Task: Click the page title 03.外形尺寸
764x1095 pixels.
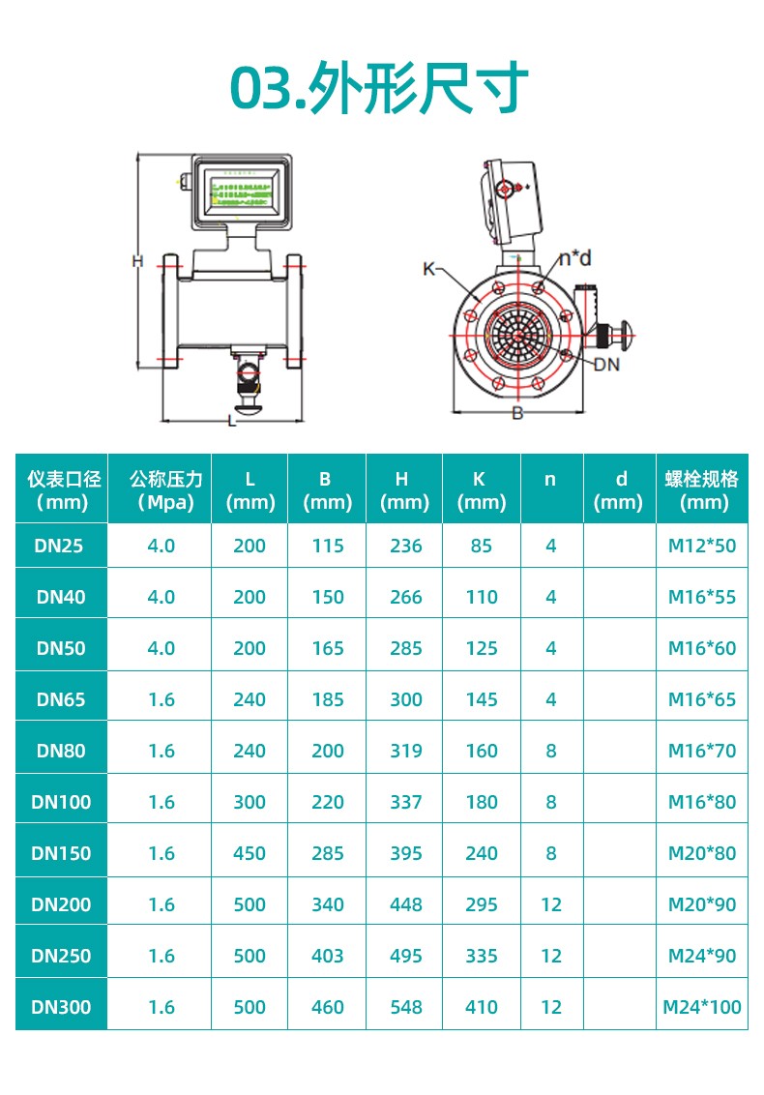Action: [379, 88]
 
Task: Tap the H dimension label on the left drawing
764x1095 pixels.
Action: [137, 260]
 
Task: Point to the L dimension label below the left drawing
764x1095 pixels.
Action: [231, 420]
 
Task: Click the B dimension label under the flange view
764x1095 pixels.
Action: [517, 413]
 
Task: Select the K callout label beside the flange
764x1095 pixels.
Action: [428, 268]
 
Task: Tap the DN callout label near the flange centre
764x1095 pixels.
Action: [606, 364]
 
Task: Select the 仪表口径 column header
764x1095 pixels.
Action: [62, 489]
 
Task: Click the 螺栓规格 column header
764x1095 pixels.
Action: [702, 489]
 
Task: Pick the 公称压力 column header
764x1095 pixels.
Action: [161, 489]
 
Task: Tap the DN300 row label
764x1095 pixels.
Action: [61, 1007]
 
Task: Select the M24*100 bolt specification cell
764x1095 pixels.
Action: [702, 1007]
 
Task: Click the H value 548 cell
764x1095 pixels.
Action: [405, 1007]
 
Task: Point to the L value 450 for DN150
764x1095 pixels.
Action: [250, 853]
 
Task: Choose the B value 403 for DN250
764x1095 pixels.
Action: [328, 956]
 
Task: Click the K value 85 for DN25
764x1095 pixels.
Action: [482, 546]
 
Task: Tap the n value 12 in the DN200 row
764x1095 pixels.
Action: [551, 904]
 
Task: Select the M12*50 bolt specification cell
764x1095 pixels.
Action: [702, 546]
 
